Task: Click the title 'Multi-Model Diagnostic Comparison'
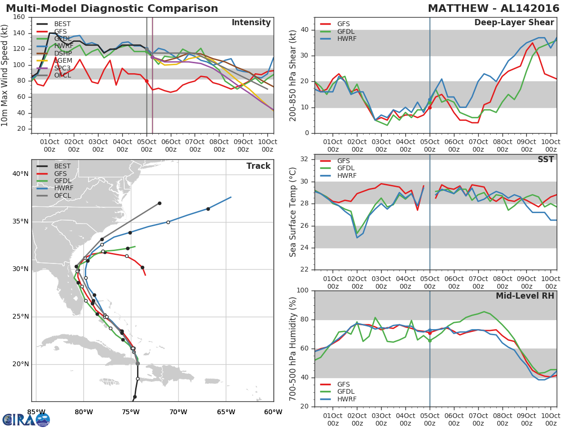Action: point(112,9)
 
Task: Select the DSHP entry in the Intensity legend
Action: point(62,54)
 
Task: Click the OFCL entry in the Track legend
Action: point(62,195)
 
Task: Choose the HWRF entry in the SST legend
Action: point(345,175)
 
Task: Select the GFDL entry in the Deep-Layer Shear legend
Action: point(345,31)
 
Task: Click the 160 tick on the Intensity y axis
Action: point(20,17)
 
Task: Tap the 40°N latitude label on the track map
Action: point(20,174)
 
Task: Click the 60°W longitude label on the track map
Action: point(274,412)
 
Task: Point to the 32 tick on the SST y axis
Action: point(305,159)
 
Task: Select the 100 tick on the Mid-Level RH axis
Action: point(303,291)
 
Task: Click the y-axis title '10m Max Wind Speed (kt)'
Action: point(5,75)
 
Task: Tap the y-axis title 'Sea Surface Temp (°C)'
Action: point(293,212)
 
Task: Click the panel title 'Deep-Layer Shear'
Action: point(514,23)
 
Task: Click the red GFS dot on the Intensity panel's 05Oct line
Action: point(147,81)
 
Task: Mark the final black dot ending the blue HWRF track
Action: point(208,209)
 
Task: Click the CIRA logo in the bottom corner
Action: point(26,419)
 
